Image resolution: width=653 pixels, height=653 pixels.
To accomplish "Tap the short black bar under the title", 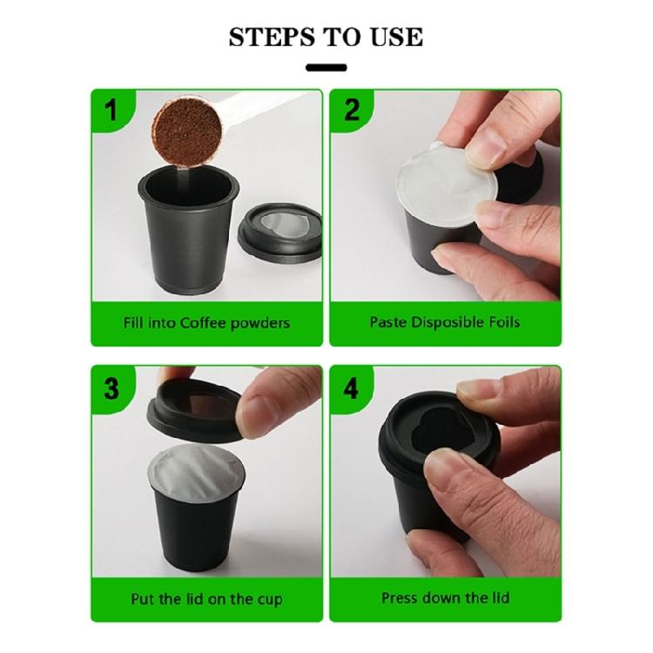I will coord(326,67).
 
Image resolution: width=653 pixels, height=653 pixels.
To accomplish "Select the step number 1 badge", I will coord(111,111).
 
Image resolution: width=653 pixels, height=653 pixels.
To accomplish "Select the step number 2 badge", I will coord(351,111).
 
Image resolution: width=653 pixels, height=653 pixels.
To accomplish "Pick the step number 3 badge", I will coord(111,387).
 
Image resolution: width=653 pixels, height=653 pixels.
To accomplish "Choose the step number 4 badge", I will coord(351,387).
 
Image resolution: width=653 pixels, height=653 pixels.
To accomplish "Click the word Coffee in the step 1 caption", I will coord(207,323).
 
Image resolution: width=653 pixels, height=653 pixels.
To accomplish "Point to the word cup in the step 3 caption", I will coord(269,600).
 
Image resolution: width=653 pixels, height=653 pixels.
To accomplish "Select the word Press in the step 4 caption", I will coord(401,598).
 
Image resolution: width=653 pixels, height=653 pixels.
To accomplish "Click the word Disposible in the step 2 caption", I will coord(441,322).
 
